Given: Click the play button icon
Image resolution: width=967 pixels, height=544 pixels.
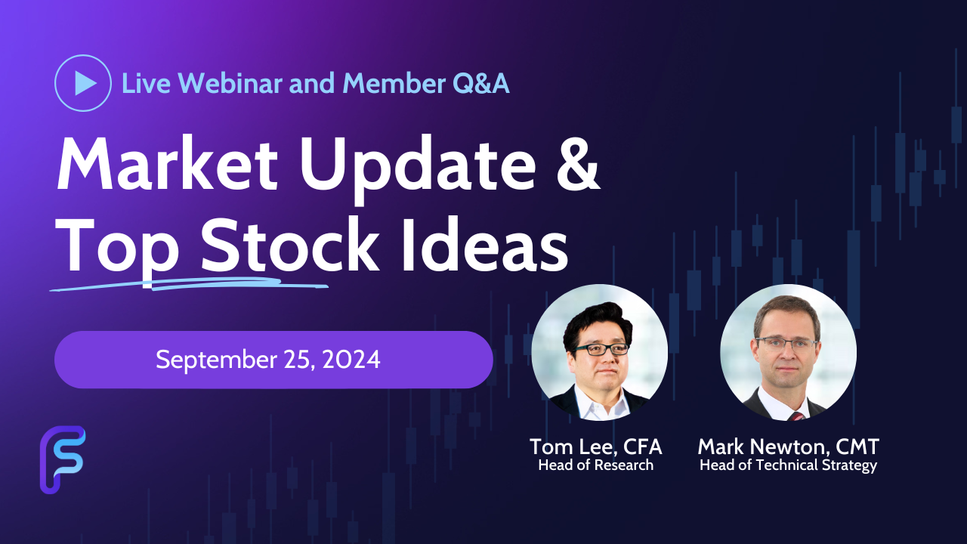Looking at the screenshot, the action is click(83, 83).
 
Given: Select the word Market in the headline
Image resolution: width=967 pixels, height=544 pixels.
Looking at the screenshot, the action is click(168, 164).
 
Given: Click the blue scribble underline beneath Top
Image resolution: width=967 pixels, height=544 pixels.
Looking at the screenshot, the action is click(189, 284).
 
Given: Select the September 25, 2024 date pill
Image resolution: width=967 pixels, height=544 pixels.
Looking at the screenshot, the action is click(273, 360).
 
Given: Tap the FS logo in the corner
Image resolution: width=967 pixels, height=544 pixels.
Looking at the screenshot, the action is click(63, 460).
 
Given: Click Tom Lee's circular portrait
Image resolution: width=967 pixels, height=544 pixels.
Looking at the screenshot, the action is click(600, 352).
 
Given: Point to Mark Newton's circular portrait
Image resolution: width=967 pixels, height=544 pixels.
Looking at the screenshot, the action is click(788, 352).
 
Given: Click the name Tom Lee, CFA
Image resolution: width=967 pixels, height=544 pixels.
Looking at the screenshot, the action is click(596, 447).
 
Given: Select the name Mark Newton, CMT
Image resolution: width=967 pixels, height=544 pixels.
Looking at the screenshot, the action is click(788, 447).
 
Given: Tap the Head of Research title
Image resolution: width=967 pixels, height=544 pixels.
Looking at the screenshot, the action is click(596, 465).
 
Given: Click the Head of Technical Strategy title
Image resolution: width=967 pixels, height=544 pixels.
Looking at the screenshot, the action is click(788, 465).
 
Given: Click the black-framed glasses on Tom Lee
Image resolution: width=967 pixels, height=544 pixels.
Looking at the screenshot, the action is click(602, 349).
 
